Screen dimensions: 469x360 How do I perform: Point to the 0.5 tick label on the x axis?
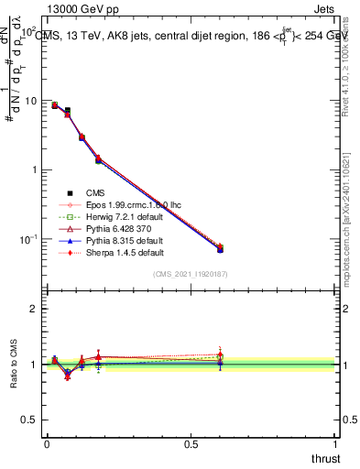pos(191,444)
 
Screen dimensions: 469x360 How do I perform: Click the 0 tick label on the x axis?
pos(47,444)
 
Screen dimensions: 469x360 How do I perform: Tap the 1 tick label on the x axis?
pos(336,444)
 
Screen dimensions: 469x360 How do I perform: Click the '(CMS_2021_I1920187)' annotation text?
pos(191,274)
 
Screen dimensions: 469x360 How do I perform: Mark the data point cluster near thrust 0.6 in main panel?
pos(220,248)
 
